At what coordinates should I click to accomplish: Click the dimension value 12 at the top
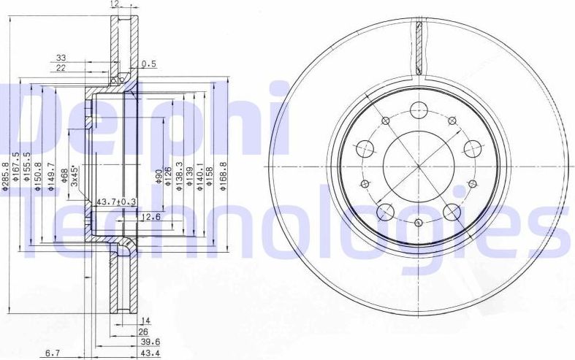coord(113,4)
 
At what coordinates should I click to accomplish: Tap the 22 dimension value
coord(61,67)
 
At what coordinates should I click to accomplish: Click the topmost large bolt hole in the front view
coord(418,111)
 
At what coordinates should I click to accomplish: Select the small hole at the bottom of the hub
coord(418,223)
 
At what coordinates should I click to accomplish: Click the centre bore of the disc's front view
coord(418,166)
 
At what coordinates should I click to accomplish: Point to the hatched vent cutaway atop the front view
coord(419,47)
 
